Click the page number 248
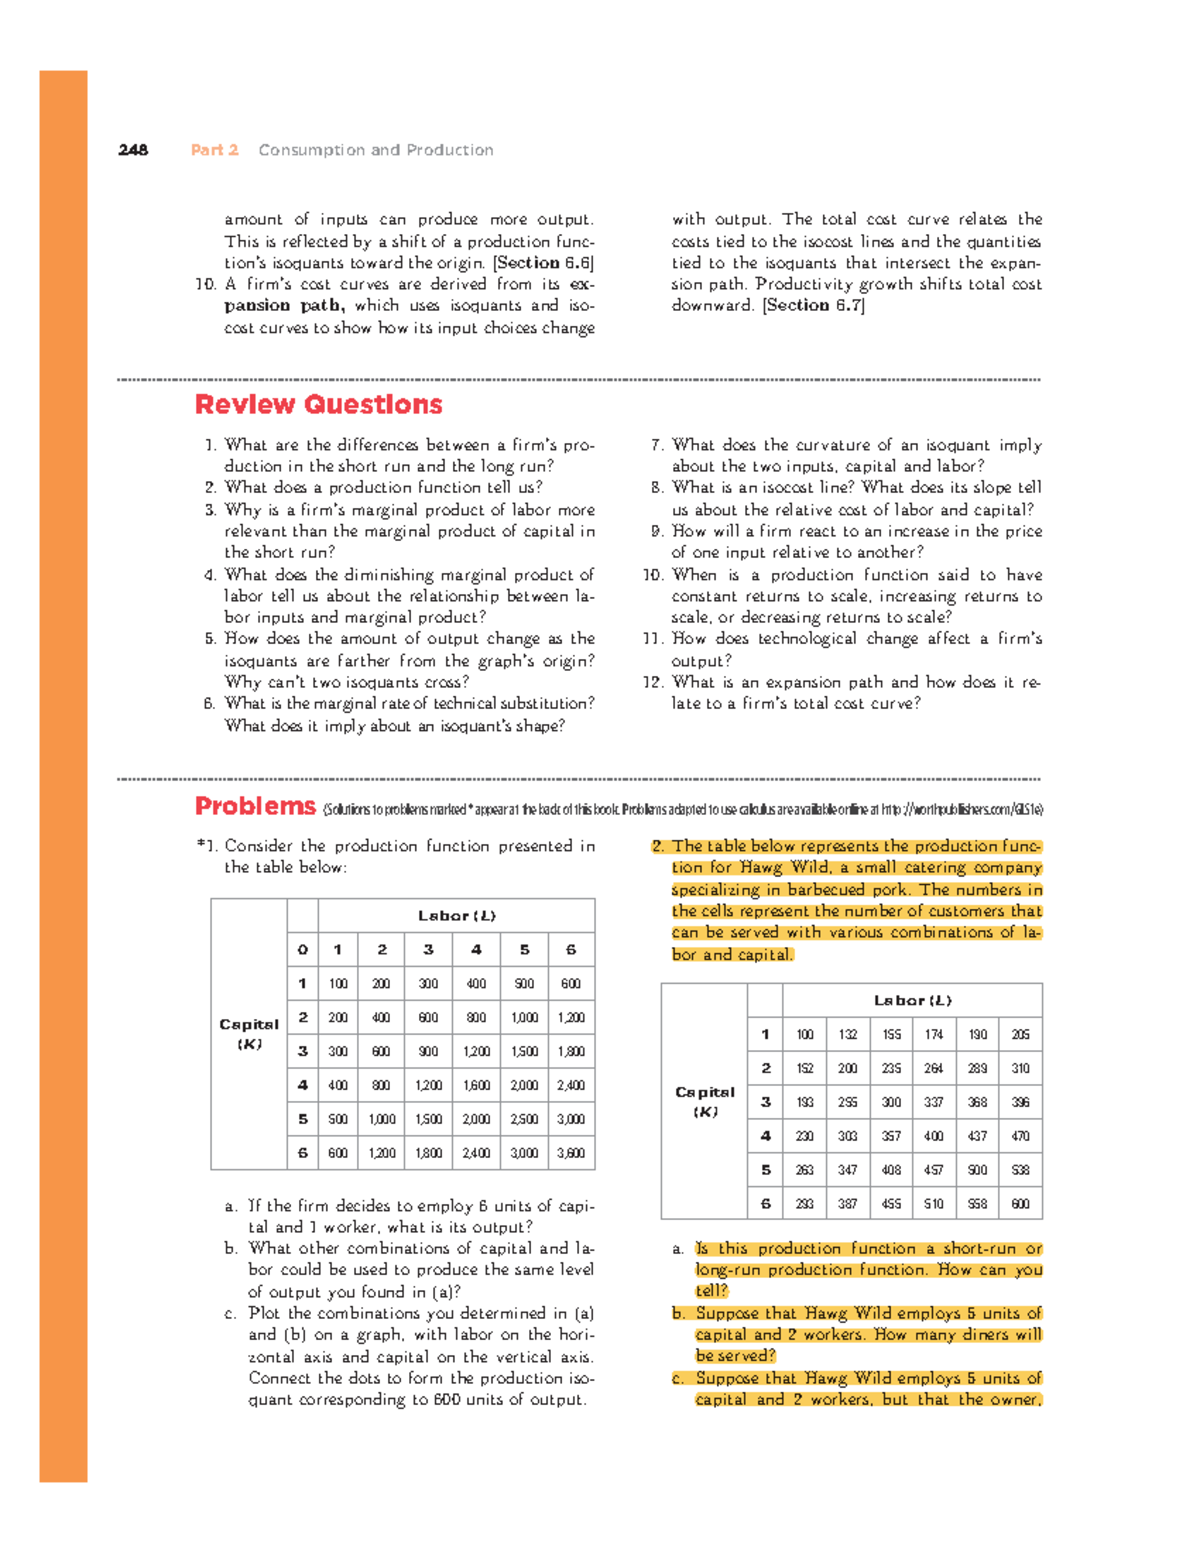click(133, 150)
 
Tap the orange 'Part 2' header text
click(214, 150)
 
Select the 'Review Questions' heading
click(318, 405)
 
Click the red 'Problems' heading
click(255, 806)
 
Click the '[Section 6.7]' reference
click(813, 306)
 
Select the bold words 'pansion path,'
click(284, 306)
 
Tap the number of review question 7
click(657, 445)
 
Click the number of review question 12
click(653, 682)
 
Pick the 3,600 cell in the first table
click(571, 1153)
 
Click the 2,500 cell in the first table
click(524, 1119)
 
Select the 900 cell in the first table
click(428, 1051)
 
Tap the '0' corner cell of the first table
click(302, 949)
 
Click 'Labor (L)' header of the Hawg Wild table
click(912, 1000)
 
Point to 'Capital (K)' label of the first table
click(249, 1034)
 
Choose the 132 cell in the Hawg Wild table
click(848, 1035)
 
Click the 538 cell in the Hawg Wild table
click(1020, 1170)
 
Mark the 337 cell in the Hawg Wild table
click(933, 1102)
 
